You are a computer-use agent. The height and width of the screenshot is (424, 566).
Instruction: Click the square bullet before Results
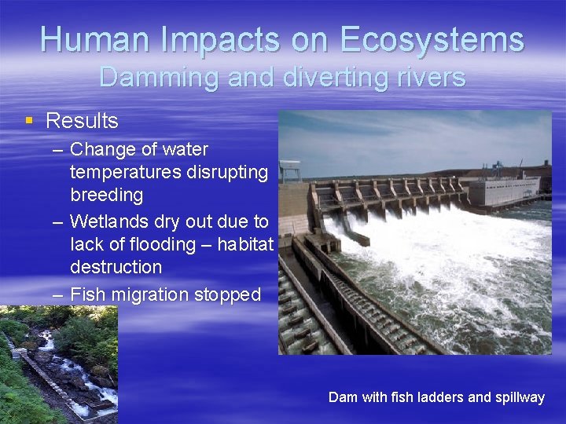pyautogui.click(x=29, y=121)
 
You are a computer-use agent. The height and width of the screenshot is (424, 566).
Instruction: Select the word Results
pyautogui.click(x=82, y=121)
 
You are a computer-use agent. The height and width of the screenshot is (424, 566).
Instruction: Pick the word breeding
pyautogui.click(x=106, y=194)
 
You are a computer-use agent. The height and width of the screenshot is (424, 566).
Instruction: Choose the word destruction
pyautogui.click(x=116, y=267)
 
